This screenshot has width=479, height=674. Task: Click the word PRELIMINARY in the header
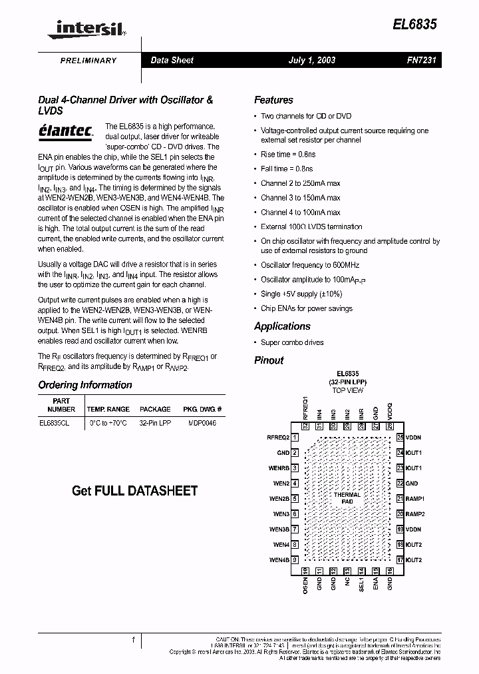coord(88,61)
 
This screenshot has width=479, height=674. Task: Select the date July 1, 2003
coord(311,61)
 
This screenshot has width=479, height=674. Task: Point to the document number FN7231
coord(420,61)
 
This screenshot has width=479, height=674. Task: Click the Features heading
coord(273,101)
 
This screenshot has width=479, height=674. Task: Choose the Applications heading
coord(282,326)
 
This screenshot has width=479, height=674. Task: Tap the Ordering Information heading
coord(85,385)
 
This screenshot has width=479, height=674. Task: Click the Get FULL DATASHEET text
coord(134,491)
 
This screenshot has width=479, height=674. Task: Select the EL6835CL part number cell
coord(55,423)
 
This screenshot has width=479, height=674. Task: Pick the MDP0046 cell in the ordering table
coord(203,423)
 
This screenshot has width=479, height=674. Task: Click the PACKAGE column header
coord(155,409)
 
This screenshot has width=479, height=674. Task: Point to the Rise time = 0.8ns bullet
coord(285,155)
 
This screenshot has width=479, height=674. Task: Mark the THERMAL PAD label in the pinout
coord(347,498)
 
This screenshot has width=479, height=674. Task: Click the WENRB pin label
coord(279,468)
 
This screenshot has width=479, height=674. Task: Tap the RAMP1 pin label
coord(415,499)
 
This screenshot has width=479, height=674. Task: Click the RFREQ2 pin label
coord(277,438)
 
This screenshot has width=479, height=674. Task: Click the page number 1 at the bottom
coord(134,640)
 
